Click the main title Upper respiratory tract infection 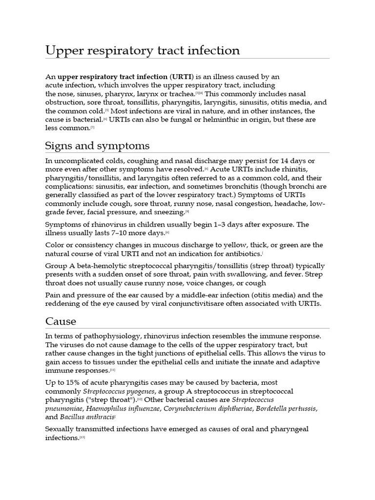tap(143, 51)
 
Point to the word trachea tap(179, 93)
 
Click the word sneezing tap(169, 212)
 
